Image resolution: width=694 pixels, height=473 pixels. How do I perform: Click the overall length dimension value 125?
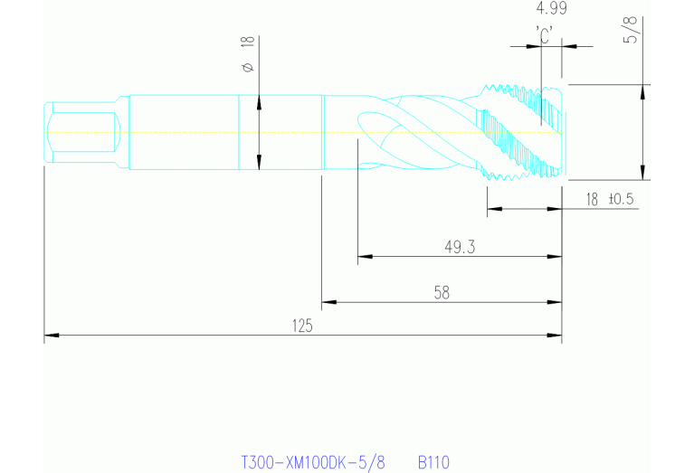[302, 326]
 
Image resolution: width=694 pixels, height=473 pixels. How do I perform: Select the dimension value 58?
[442, 292]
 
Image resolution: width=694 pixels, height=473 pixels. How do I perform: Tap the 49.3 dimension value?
[460, 247]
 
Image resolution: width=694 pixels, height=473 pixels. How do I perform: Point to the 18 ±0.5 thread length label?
[610, 199]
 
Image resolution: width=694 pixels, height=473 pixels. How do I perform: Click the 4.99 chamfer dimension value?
[551, 8]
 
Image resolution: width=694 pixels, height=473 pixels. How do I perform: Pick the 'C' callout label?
[544, 35]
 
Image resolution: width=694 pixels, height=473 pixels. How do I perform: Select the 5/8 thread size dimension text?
[631, 30]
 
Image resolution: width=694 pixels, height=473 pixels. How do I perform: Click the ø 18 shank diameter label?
[248, 54]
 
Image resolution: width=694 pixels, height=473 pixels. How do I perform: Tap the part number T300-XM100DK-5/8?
[313, 463]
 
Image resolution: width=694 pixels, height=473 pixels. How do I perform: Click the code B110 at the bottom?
[433, 463]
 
